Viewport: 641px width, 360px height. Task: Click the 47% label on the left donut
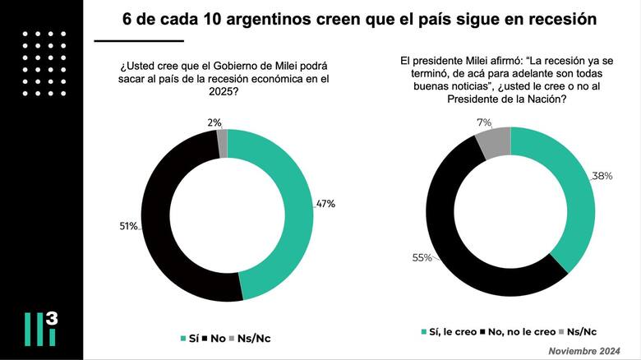tap(325, 204)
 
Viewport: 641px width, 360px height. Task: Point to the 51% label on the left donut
tap(127, 226)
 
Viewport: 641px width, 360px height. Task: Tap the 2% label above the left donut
tap(213, 122)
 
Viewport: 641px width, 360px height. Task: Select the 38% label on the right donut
tap(602, 176)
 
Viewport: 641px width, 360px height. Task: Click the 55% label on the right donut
tap(422, 257)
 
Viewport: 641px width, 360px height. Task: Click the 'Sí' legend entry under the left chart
tap(191, 338)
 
